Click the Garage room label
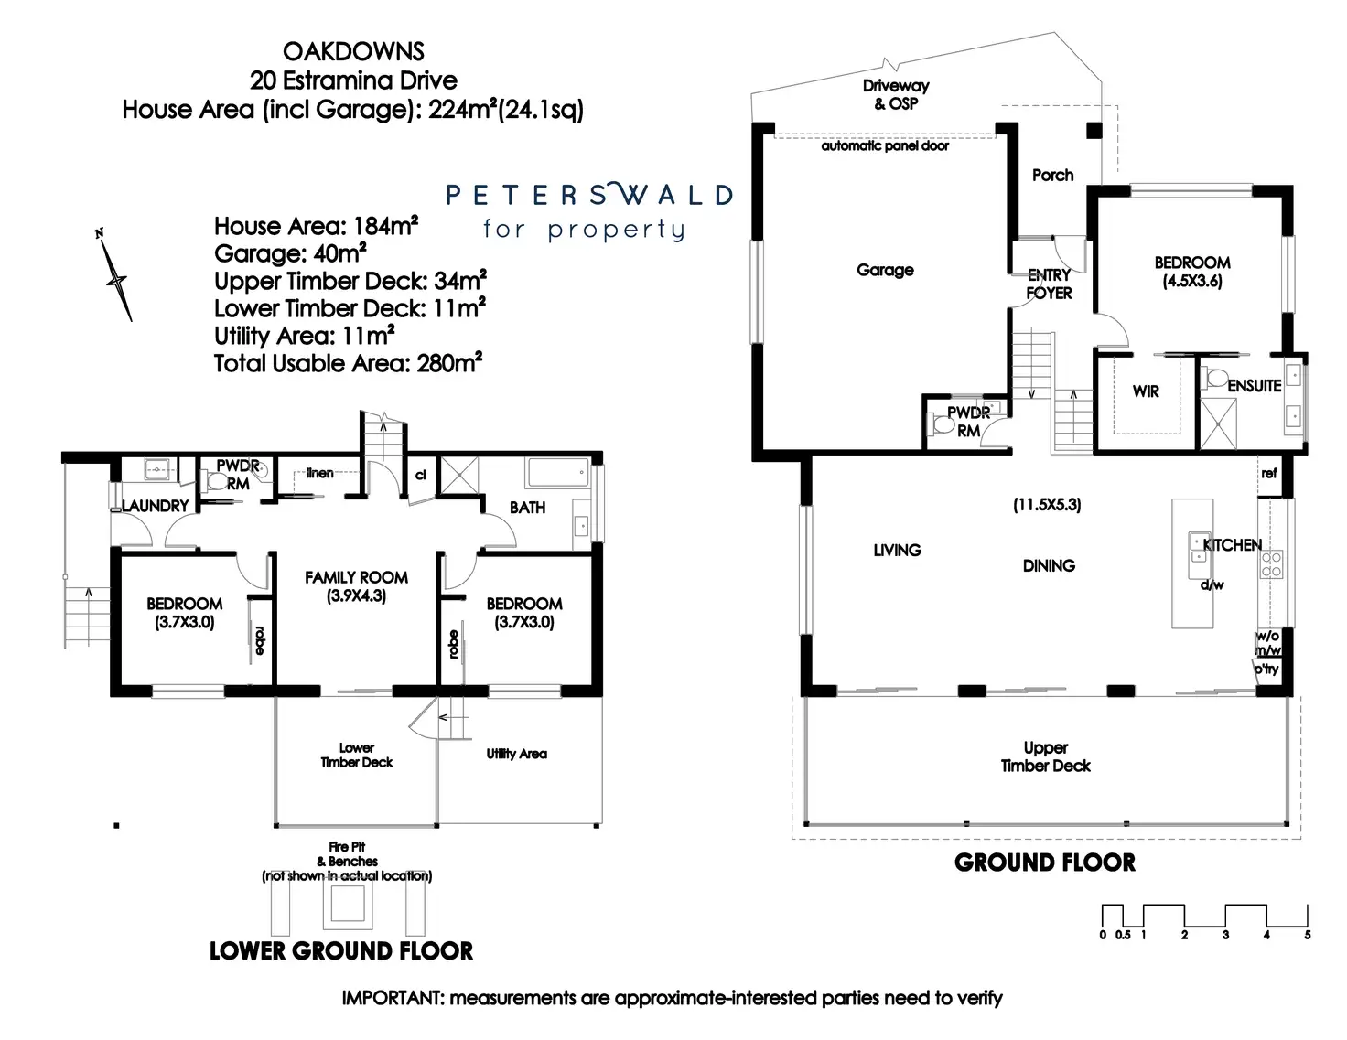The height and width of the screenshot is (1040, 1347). pos(885,270)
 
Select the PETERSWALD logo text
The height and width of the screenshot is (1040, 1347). pos(589,195)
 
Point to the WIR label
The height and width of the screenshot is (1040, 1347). pos(1146,391)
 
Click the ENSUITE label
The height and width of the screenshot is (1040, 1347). pos(1254,386)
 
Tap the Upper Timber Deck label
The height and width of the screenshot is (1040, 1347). pos(1045,756)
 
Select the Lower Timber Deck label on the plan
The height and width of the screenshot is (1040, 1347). pos(356,755)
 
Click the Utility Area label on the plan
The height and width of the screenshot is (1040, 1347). pos(516,754)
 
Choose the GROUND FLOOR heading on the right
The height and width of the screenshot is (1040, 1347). pos(1044,863)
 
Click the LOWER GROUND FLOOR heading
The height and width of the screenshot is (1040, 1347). pos(341,951)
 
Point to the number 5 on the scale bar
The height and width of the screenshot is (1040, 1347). pos(1308,935)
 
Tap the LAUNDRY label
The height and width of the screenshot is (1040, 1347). pos(155,505)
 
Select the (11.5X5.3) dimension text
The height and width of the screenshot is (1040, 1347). pos(1047,504)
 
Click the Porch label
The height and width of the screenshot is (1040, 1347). pos(1052,175)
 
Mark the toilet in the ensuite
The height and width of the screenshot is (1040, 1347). pos(1216,378)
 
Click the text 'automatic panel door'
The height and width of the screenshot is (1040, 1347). pos(884,145)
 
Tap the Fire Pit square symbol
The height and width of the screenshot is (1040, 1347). pos(347,906)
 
